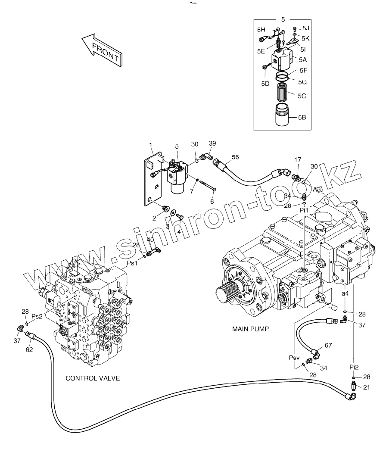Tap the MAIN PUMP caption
[250, 329]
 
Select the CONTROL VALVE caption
[92, 378]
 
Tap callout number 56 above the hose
[235, 157]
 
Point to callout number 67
[328, 346]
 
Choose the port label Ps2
[37, 316]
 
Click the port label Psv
[294, 358]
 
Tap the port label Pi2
[354, 367]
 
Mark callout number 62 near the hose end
[29, 349]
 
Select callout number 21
[367, 387]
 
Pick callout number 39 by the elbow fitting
[212, 143]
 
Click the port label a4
[346, 293]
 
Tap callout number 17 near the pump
[297, 160]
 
